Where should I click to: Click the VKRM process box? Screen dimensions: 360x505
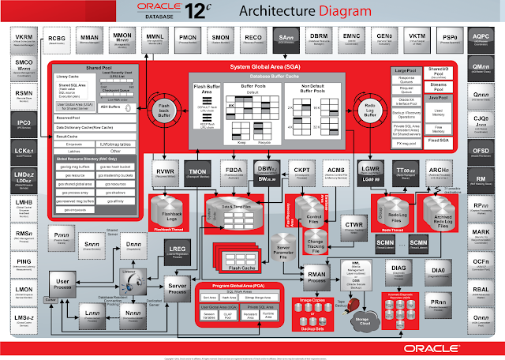24,39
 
